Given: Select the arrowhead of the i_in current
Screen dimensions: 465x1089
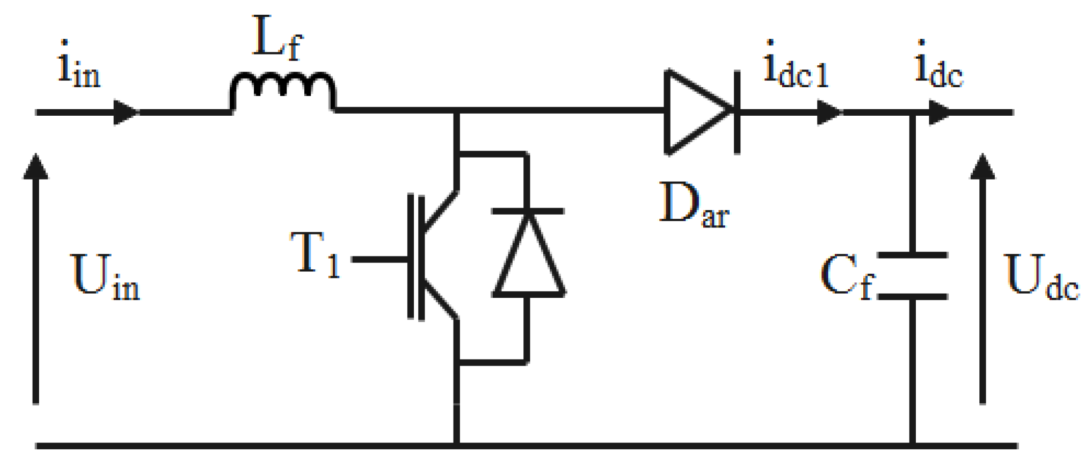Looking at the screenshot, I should point(125,112).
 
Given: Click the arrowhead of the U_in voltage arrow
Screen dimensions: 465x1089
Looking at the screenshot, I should point(36,167).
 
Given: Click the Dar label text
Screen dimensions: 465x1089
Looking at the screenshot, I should point(693,205).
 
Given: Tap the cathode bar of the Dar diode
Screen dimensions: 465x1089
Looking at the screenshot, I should point(737,112).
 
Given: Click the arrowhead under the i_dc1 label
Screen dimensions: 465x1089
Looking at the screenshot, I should point(829,112).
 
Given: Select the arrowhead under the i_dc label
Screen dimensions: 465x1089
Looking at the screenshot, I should point(939,112).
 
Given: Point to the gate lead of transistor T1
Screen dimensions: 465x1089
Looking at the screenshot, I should point(380,260).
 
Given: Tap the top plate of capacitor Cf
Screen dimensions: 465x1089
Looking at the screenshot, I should point(912,254).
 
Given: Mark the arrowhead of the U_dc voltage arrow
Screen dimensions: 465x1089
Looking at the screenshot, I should point(982,167).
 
